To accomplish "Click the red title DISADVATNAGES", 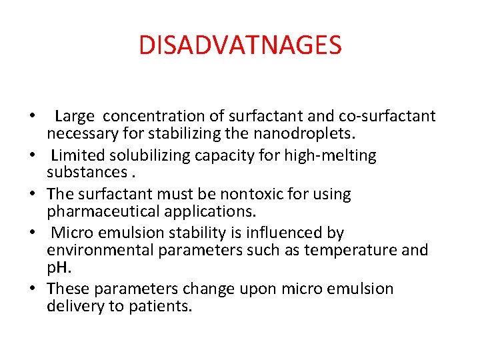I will (240, 45).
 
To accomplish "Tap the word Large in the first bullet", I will (75, 117).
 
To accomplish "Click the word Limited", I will (73, 155).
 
